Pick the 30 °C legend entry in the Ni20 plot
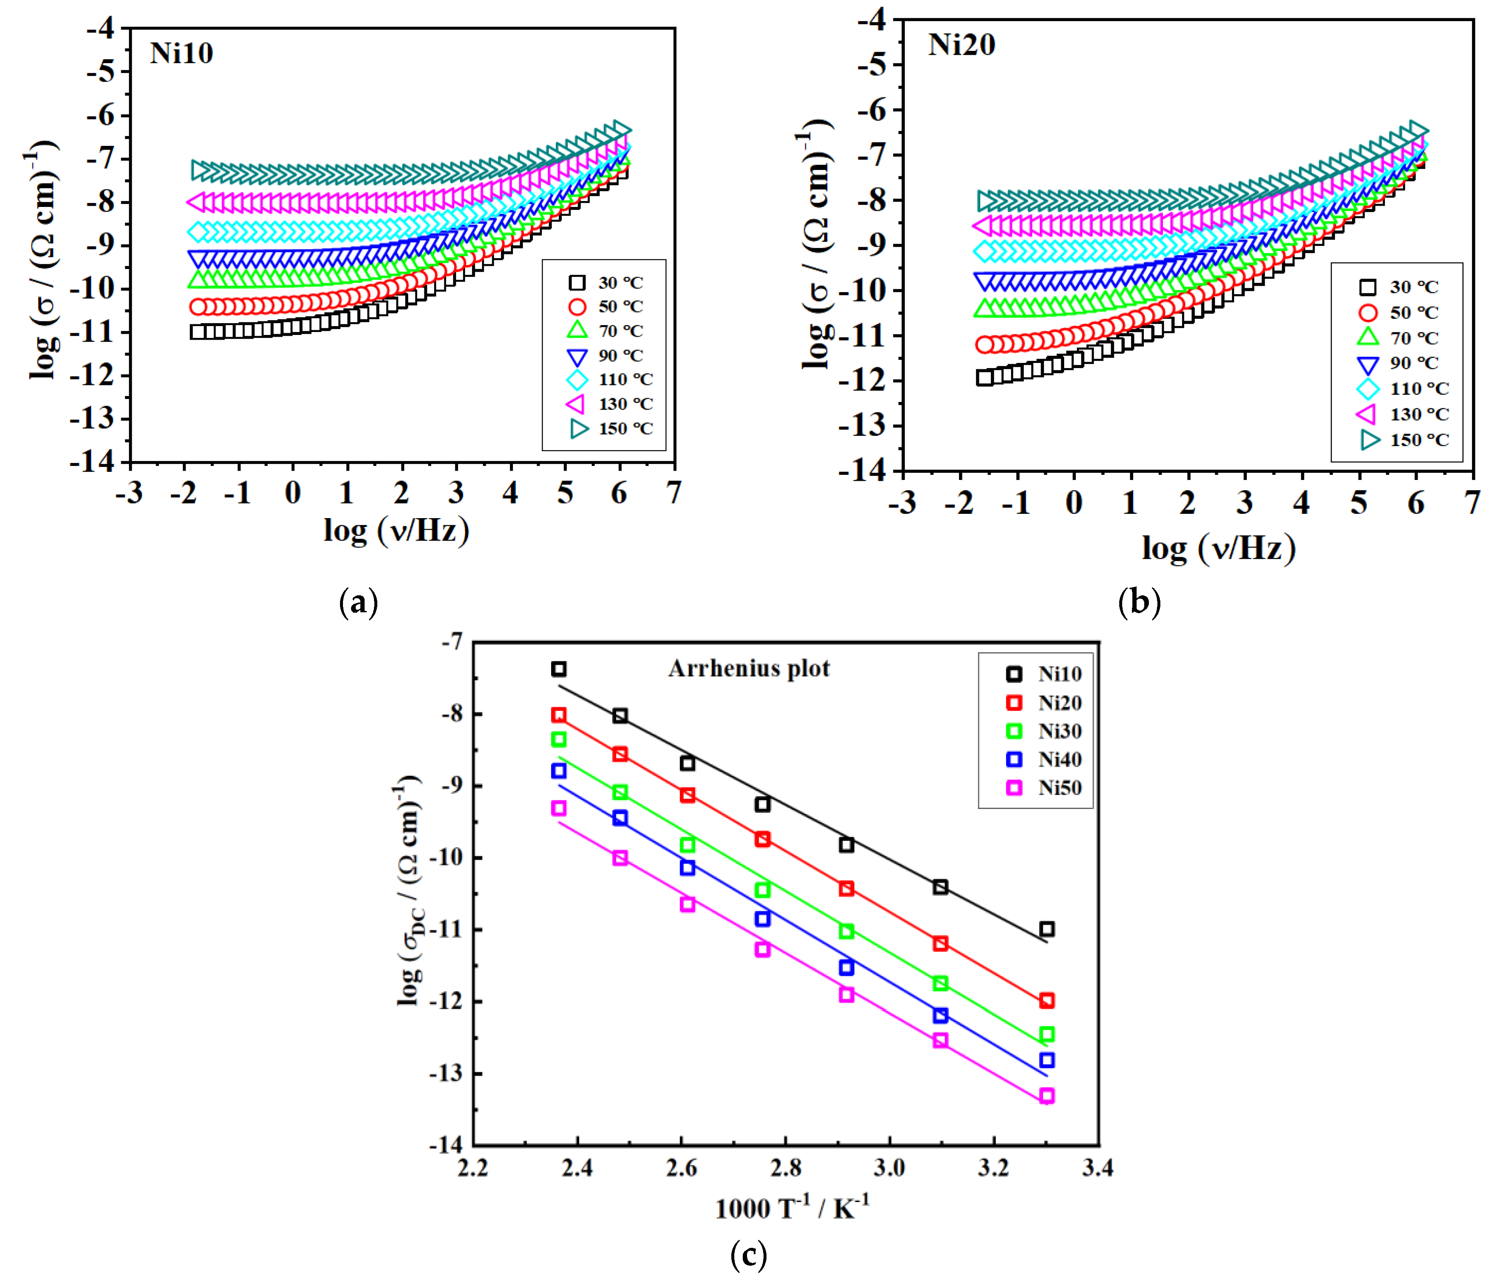coord(1398,287)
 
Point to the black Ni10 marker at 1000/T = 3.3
coord(1047,929)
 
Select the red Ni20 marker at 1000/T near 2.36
coord(559,715)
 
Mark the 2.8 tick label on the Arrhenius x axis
coord(785,1166)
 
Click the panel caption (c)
coord(748,1256)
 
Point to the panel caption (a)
coord(358,602)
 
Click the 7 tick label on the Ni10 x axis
coord(674,493)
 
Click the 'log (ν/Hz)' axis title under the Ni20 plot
coord(1218,548)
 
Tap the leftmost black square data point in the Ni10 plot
coord(198,332)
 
